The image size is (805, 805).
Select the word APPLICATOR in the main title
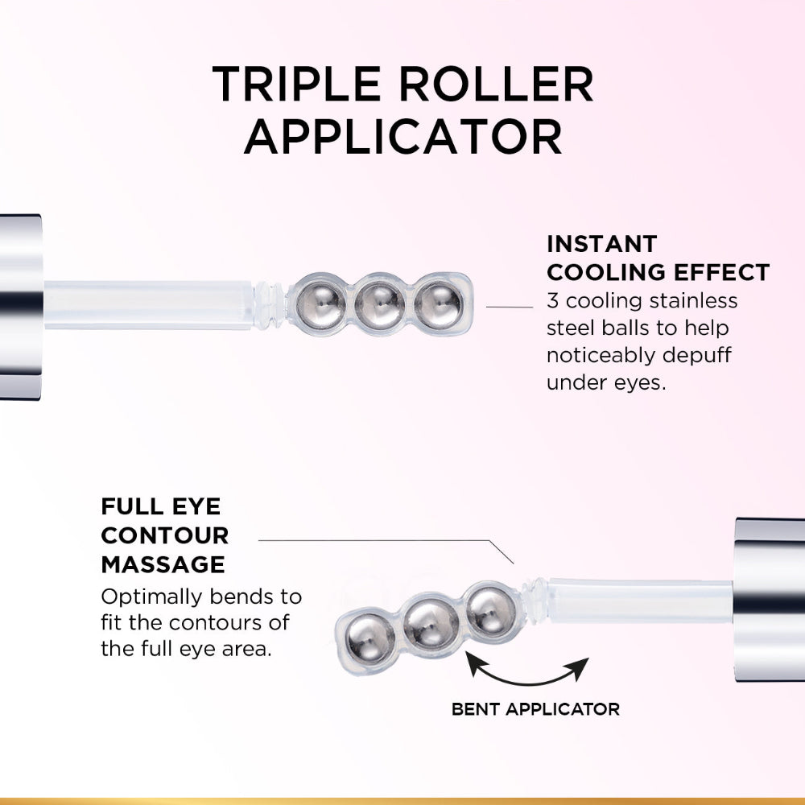coord(402,137)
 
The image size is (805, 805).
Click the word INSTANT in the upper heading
coord(602,244)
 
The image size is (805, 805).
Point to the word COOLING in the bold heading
coord(606,272)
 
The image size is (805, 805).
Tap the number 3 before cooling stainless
coord(552,300)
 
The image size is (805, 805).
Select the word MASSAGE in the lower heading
coord(163,564)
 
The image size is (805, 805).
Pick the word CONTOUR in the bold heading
coord(165,536)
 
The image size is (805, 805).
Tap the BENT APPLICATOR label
coord(535,709)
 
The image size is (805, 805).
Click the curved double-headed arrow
coord(527,669)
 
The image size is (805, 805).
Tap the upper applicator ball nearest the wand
coord(320,305)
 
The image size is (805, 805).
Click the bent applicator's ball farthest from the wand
coord(370,637)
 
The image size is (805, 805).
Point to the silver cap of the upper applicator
coord(20,306)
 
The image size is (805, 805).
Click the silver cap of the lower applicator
coord(770,600)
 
